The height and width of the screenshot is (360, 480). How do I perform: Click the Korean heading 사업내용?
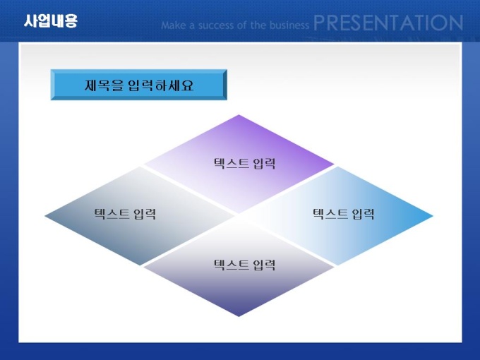(51, 21)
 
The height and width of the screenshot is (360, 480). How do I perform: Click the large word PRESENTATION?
(388, 23)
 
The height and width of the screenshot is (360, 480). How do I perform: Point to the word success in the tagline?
(216, 25)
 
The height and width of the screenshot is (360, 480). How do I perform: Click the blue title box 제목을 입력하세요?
(138, 85)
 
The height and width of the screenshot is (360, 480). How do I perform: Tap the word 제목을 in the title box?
(104, 85)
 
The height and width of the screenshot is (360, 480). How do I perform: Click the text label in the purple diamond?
(245, 164)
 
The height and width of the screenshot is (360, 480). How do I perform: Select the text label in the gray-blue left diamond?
(125, 214)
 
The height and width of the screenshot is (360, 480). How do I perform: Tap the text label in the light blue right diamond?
(343, 214)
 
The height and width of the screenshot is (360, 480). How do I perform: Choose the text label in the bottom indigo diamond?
(245, 265)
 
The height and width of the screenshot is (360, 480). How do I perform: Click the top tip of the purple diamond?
(239, 115)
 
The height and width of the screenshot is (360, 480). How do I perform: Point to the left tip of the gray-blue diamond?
(44, 216)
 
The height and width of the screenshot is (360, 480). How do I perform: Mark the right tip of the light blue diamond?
(433, 216)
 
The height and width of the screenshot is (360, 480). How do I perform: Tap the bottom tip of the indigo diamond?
(239, 316)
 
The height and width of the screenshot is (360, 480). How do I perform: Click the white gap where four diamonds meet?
(239, 216)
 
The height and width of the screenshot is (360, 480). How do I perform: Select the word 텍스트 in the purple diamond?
(231, 164)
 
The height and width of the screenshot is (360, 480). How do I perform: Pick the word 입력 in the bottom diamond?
(265, 265)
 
